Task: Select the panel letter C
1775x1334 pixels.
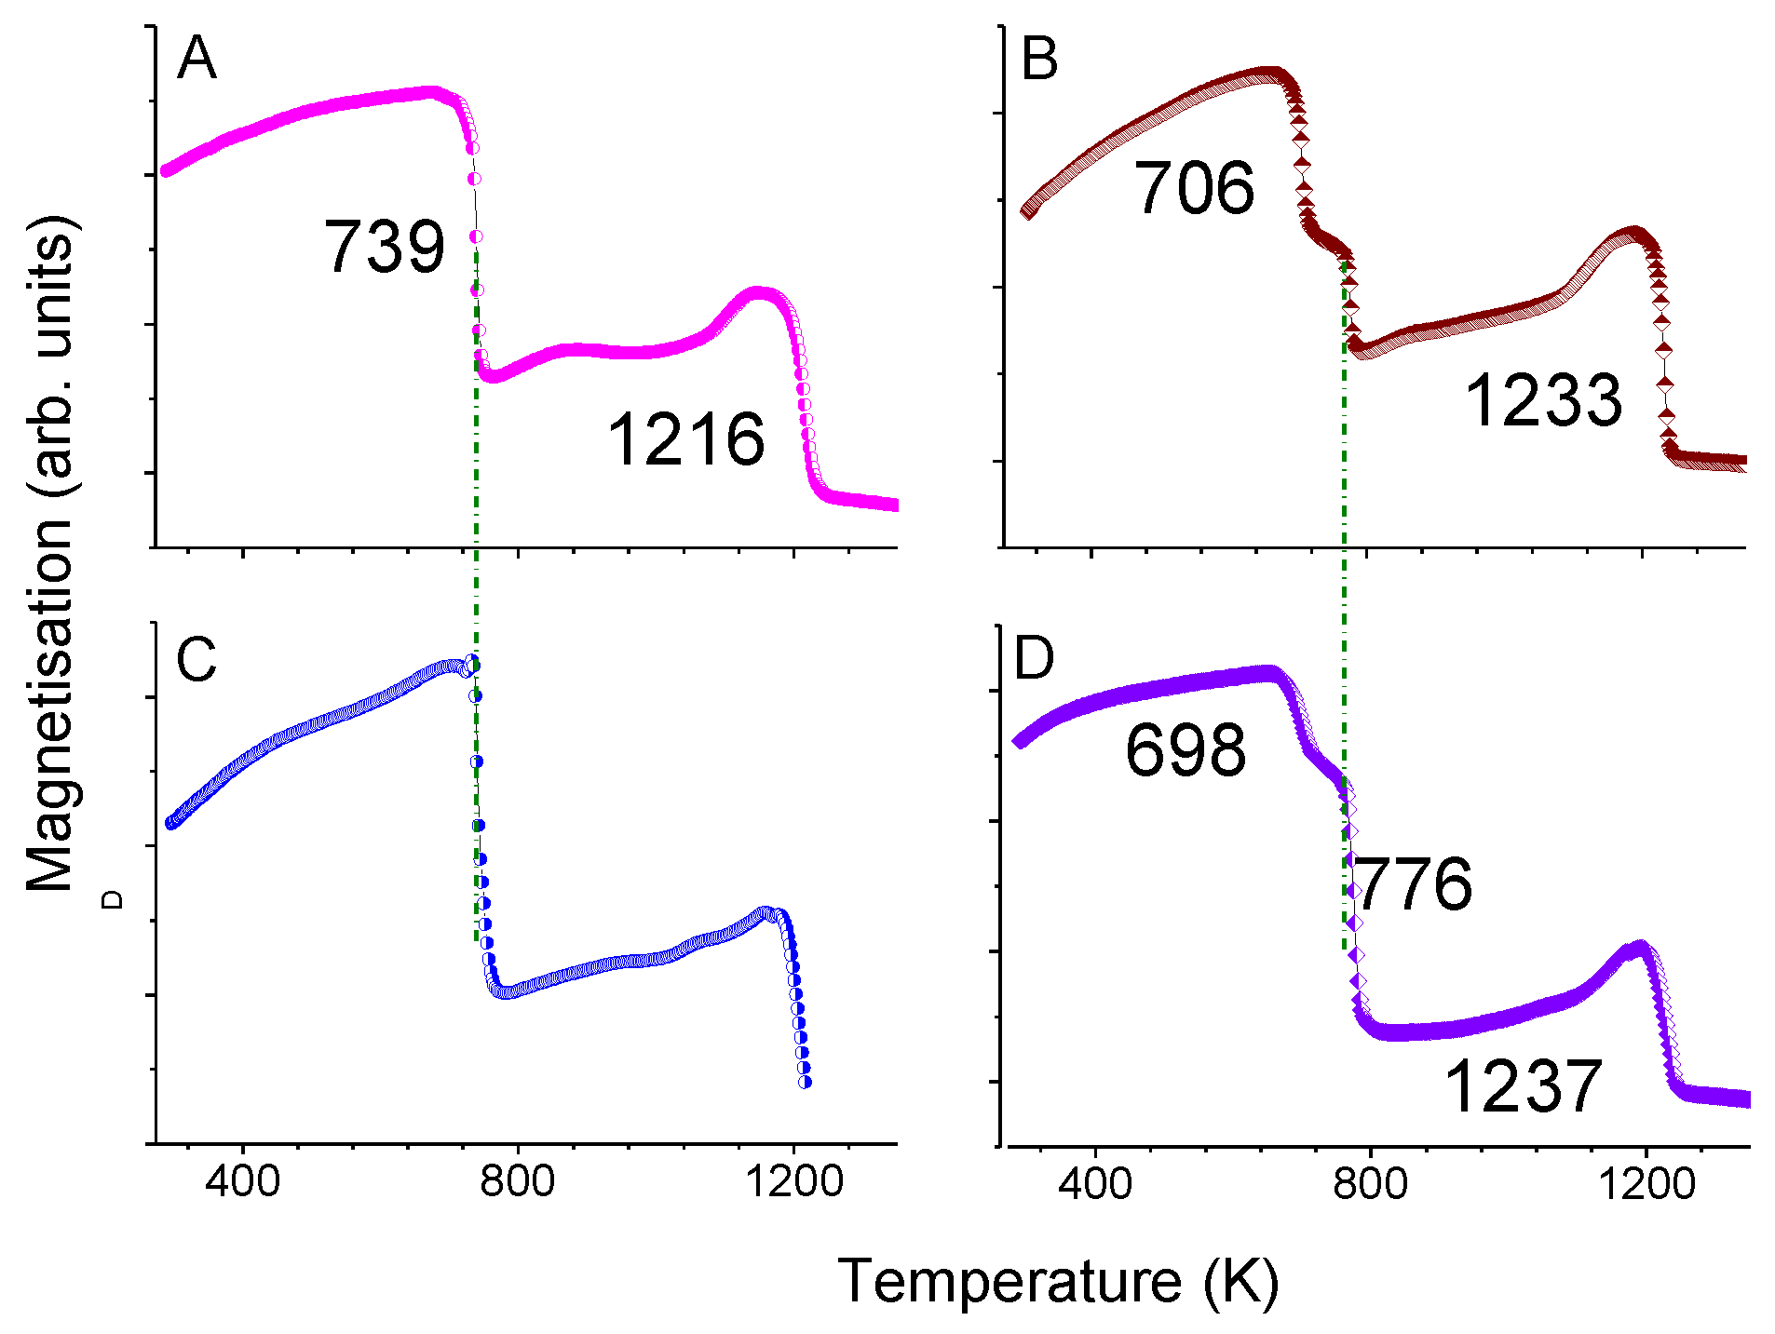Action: point(196,660)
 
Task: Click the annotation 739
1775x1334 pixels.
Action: point(385,248)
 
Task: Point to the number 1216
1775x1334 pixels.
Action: point(685,439)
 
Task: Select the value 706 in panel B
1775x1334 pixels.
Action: point(1194,189)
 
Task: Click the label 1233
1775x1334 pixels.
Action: point(1543,401)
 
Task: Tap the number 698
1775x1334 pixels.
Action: point(1186,750)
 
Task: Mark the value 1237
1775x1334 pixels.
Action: point(1522,1086)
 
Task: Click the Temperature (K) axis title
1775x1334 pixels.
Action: point(1059,1281)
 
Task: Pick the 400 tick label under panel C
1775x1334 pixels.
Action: point(242,1181)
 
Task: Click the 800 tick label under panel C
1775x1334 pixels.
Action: point(518,1181)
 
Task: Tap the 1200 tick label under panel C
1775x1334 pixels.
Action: point(793,1181)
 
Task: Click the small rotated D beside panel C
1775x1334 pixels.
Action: point(113,899)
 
